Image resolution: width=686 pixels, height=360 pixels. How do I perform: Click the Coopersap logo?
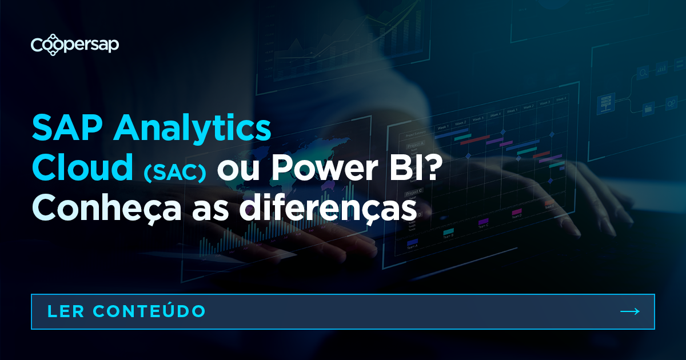(x=74, y=45)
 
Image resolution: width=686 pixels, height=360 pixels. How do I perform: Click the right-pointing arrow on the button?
(x=629, y=311)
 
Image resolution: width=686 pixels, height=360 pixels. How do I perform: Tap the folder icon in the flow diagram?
(x=648, y=107)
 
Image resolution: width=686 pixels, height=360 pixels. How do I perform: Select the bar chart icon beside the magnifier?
(x=662, y=70)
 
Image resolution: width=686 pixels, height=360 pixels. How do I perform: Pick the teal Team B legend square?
(x=448, y=232)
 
